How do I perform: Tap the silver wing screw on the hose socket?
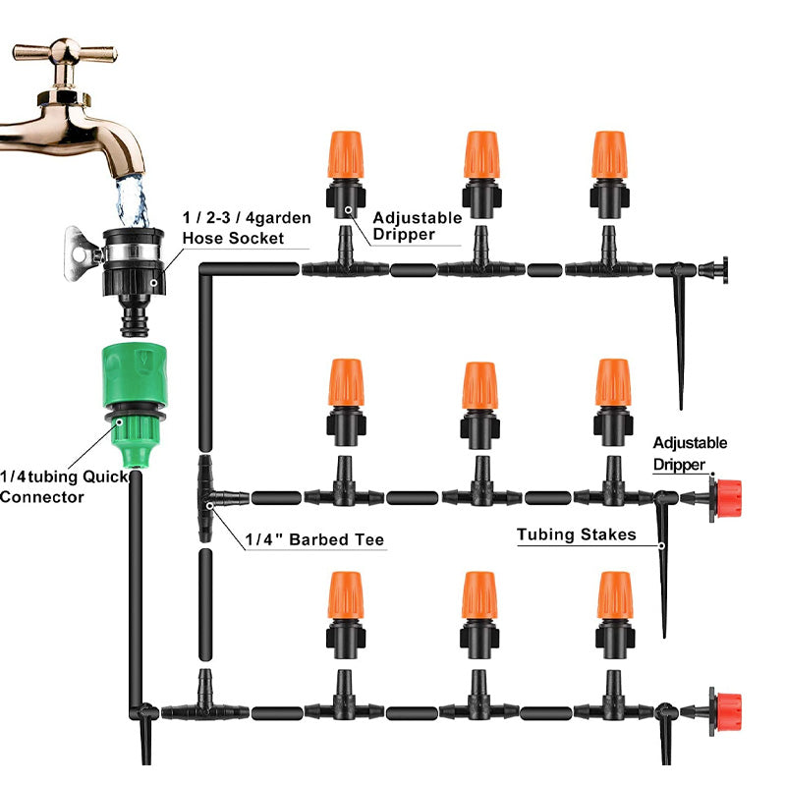click(80, 246)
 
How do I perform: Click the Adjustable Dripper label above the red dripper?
click(690, 451)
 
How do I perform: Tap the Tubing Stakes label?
click(577, 535)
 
